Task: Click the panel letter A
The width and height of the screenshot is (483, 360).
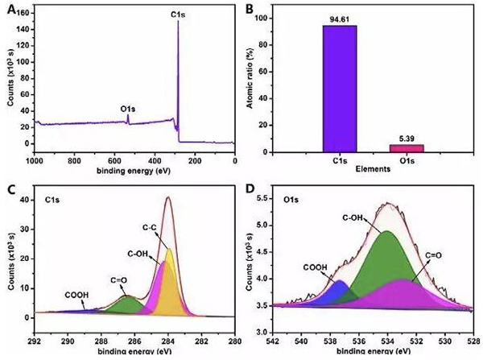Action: pos(10,9)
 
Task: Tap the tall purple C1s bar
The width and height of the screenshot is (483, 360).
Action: pos(339,89)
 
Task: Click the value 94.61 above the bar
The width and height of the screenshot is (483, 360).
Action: pos(339,19)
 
